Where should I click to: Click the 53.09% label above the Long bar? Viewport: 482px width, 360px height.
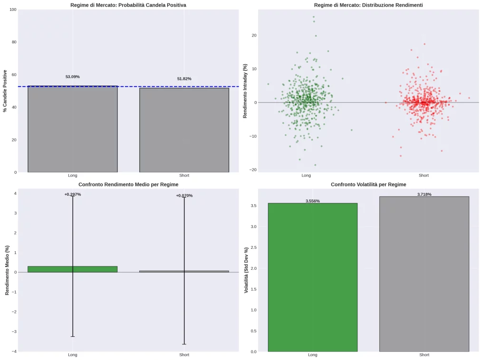[x=72, y=77]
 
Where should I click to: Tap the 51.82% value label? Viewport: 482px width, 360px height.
[x=184, y=79]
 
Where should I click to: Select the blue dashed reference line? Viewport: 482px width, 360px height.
[x=128, y=86]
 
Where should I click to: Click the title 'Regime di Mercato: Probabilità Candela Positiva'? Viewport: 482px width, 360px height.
[x=128, y=5]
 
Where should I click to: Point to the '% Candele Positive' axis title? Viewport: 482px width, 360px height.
[x=5, y=91]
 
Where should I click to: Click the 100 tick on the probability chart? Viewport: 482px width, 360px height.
[x=13, y=10]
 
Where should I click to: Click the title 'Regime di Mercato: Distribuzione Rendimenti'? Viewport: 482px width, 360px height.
[x=368, y=5]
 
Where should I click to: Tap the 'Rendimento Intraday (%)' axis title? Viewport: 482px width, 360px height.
[x=245, y=91]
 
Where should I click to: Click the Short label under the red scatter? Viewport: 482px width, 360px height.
[x=423, y=175]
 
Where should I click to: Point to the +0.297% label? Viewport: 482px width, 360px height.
[x=72, y=195]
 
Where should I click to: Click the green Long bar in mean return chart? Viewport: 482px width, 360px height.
[x=48, y=269]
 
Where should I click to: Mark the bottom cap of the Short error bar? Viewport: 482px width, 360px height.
[x=184, y=344]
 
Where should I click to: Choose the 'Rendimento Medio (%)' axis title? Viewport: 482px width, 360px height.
[x=7, y=270]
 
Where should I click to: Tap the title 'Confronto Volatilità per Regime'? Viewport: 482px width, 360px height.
[x=368, y=184]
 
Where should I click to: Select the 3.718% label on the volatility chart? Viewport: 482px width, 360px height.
[x=424, y=195]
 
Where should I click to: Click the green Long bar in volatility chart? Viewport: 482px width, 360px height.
[x=312, y=277]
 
